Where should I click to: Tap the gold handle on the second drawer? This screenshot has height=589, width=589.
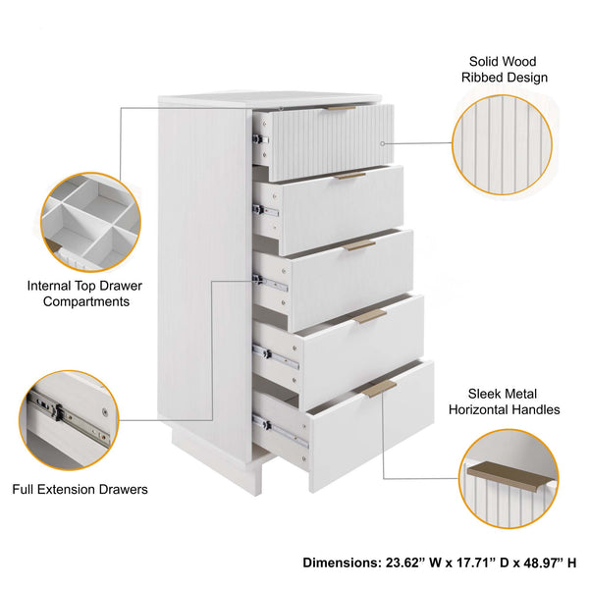[349, 176]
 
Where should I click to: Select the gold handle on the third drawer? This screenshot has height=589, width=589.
[359, 244]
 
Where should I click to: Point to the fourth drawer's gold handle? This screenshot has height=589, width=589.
[370, 316]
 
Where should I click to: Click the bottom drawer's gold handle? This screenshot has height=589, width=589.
[379, 388]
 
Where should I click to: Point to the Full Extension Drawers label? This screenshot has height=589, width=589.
[80, 488]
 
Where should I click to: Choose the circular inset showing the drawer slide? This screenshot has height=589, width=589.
[69, 419]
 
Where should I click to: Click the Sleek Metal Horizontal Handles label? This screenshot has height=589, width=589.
[507, 402]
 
